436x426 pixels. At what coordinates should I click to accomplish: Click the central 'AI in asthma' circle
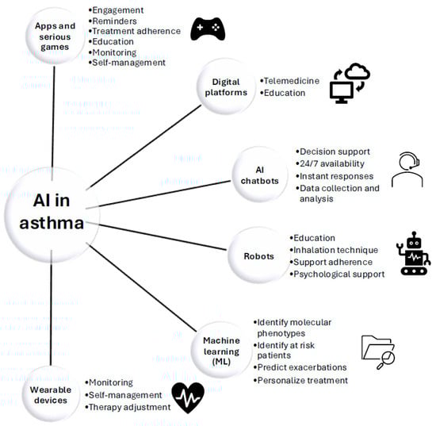click(x=51, y=212)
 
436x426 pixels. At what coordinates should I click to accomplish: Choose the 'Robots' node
click(x=257, y=256)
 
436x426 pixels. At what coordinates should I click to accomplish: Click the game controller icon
click(x=207, y=29)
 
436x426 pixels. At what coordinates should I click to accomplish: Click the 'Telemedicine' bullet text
click(x=293, y=81)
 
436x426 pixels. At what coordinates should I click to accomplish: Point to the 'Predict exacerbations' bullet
click(x=301, y=367)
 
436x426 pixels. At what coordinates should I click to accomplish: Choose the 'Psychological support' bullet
click(x=338, y=274)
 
